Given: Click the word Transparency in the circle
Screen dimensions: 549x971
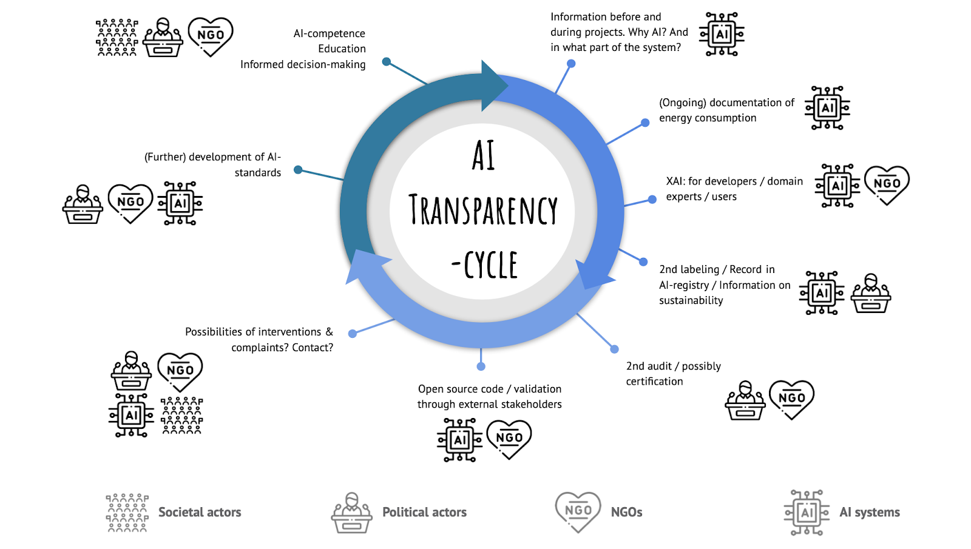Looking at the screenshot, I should pos(483,210).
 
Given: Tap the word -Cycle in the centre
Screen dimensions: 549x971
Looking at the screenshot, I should pos(485,265).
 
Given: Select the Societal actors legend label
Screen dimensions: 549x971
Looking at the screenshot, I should pos(200,513).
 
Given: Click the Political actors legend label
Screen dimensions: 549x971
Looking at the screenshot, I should pos(424,513).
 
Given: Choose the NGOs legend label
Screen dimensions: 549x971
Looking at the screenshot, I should pos(626,513).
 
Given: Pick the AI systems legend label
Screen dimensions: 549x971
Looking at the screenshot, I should pos(869,513).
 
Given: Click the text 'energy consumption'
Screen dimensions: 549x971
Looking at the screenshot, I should pos(708,118).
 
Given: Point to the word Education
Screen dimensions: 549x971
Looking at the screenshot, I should pos(342,49).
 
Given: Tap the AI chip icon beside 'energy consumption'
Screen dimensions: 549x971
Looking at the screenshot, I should pos(827,108).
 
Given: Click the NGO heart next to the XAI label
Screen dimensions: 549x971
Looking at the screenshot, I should pos(887,184).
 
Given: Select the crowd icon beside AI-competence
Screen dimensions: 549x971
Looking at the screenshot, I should pos(117,37).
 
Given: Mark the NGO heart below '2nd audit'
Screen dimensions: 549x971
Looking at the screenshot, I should pos(791,399).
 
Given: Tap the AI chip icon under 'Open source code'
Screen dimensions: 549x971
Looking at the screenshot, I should pos(459,440).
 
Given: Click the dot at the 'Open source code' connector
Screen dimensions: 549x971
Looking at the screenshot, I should pos(481,366).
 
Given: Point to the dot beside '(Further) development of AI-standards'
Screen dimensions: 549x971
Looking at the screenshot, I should pos(298,170).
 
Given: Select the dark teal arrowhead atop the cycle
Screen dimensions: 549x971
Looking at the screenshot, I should pos(493,86).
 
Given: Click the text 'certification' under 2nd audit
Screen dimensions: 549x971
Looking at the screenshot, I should pos(654,382).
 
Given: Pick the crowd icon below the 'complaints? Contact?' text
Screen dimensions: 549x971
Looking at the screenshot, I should pos(182,416).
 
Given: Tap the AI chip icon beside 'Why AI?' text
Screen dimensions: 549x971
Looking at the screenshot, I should pos(722,34).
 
